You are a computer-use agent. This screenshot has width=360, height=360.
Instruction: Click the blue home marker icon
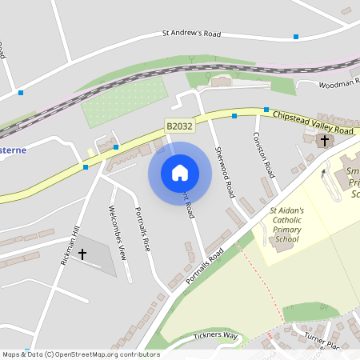click(x=179, y=173)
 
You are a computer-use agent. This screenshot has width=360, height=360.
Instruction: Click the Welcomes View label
click(x=118, y=233)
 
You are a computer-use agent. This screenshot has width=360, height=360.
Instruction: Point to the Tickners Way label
click(x=215, y=336)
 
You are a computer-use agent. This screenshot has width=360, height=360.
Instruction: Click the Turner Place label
click(x=323, y=342)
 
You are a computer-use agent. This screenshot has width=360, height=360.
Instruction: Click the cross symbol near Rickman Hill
click(x=82, y=254)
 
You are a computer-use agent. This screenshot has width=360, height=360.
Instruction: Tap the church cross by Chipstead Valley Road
click(x=324, y=141)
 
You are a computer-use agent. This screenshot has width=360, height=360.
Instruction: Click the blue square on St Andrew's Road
click(x=296, y=37)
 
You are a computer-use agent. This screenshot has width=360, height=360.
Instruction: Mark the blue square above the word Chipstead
click(x=266, y=110)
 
